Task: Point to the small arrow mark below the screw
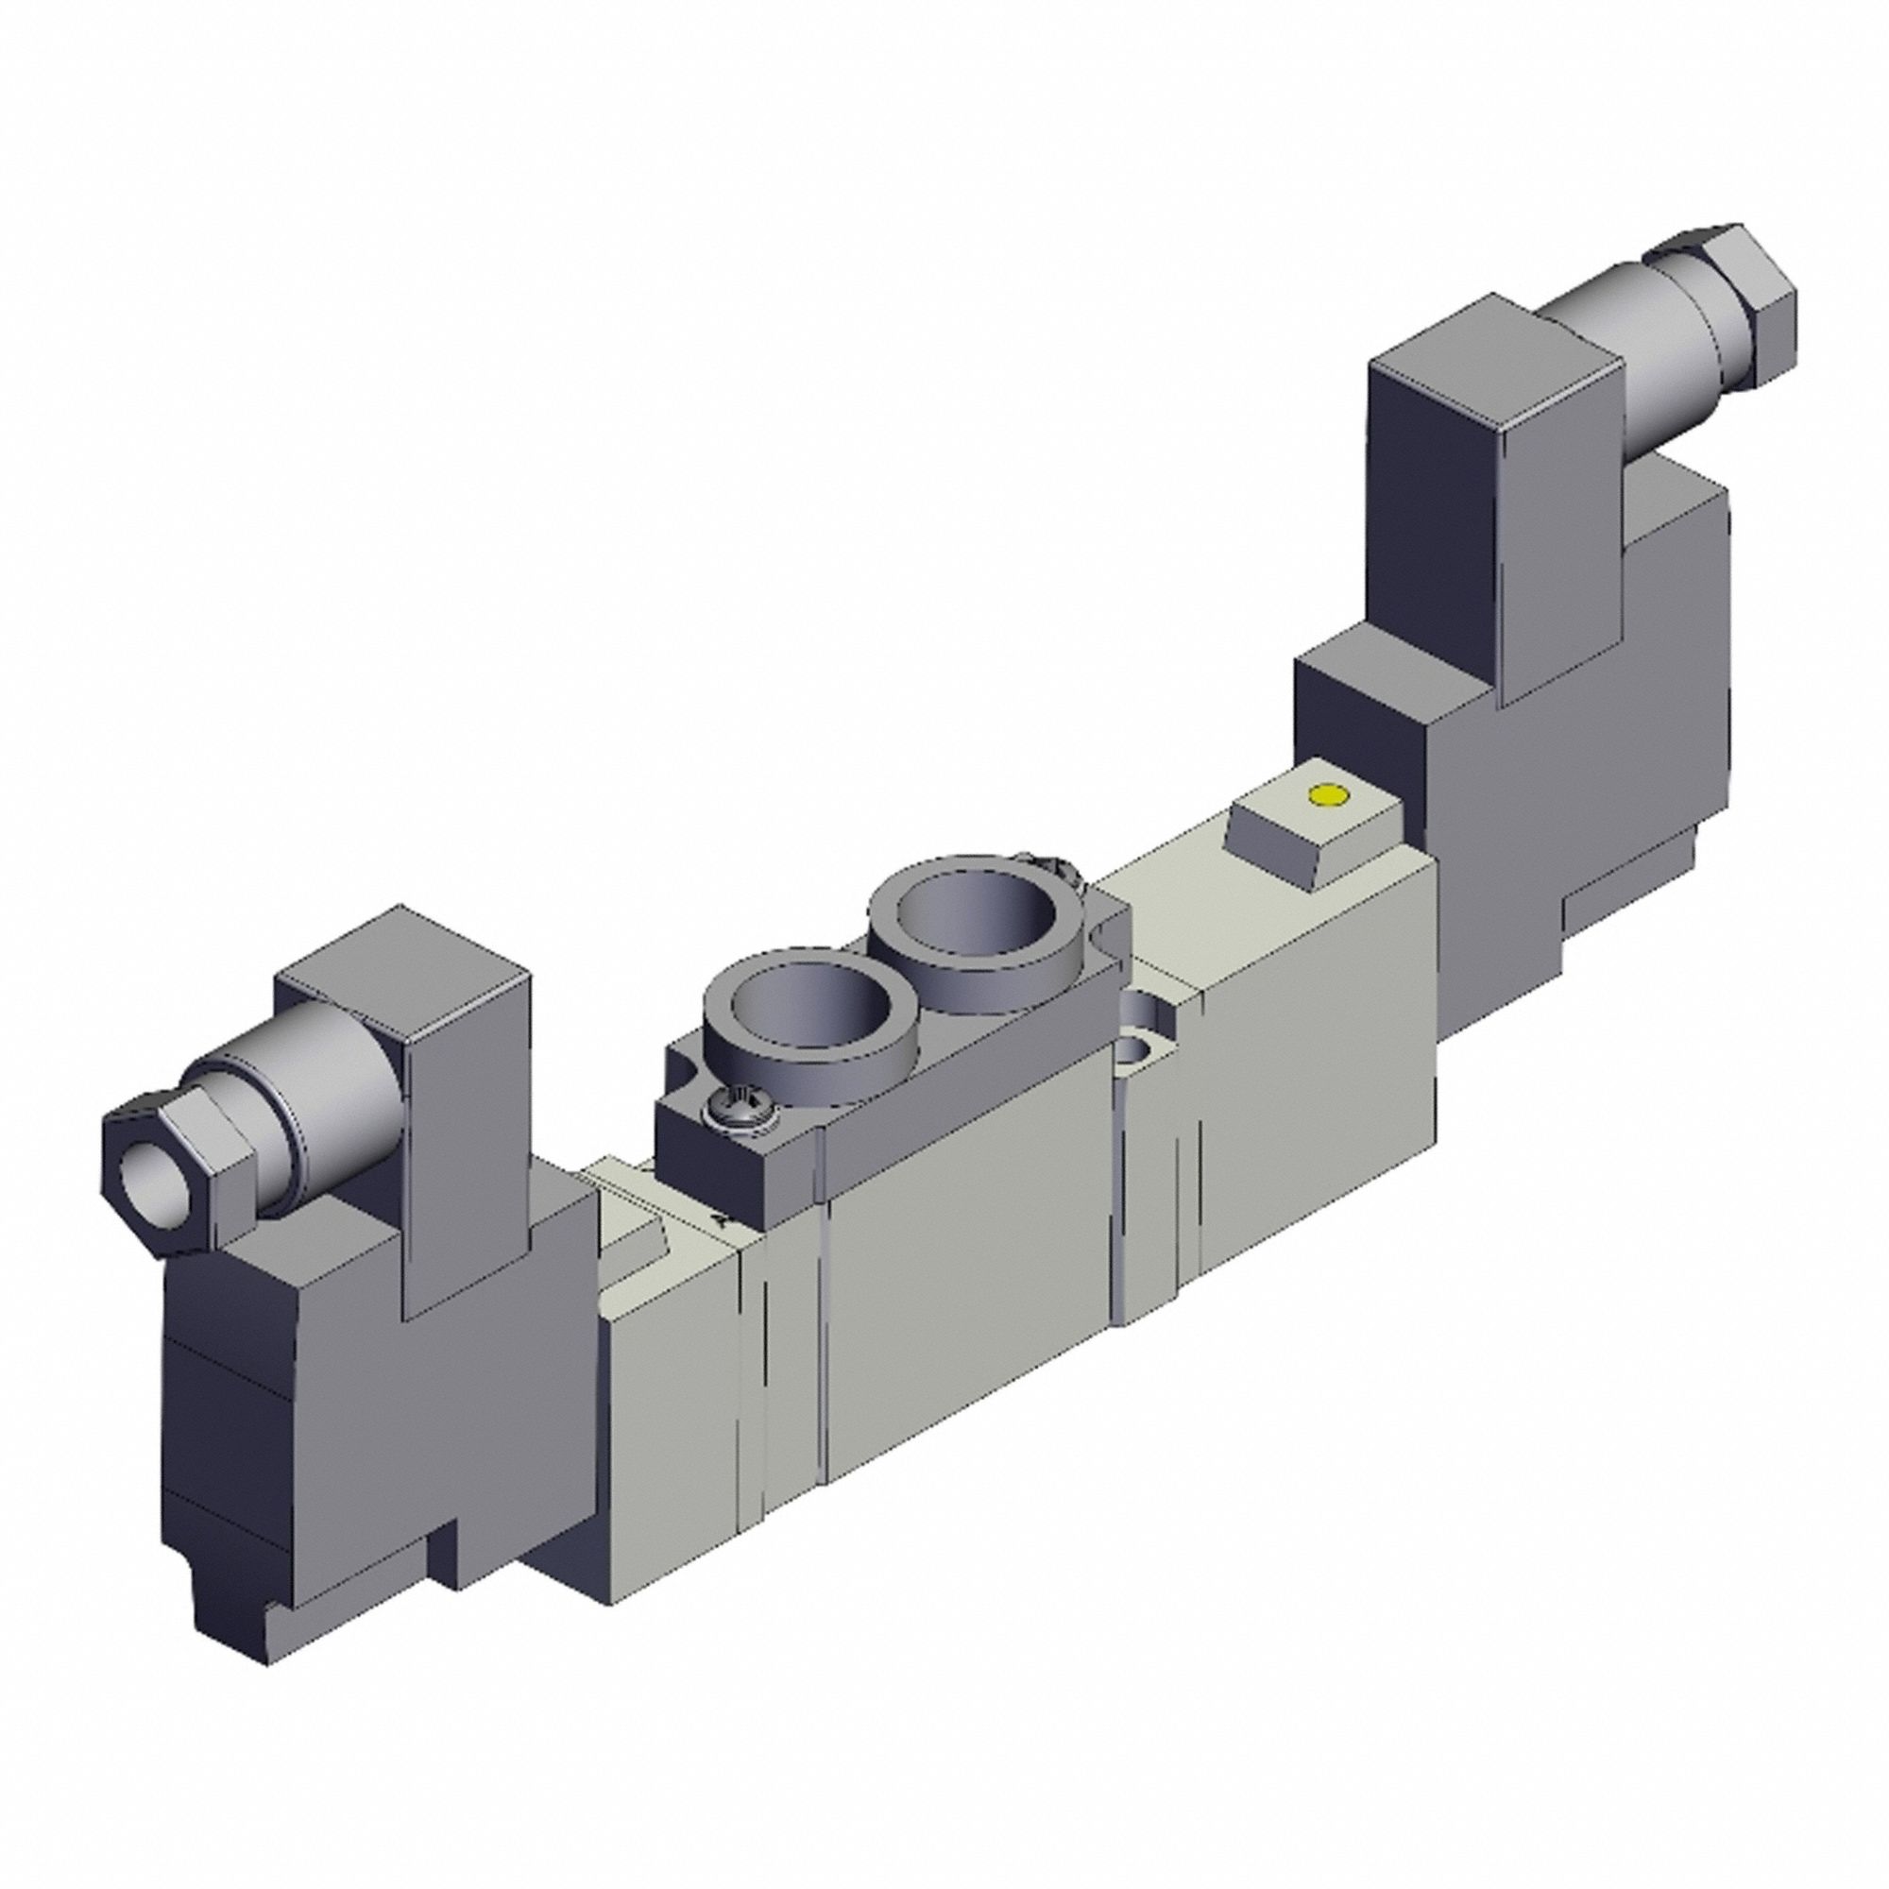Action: pos(721,1219)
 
